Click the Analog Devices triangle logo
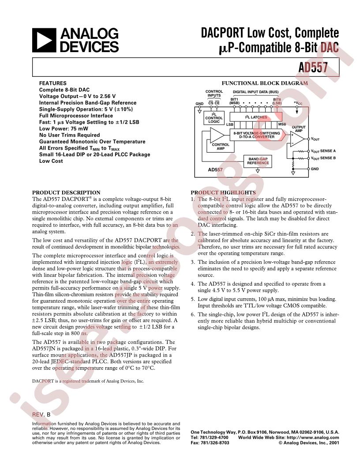tap(44, 40)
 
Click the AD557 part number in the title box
tap(313, 68)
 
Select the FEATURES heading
tap(53, 83)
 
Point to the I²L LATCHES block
tap(256, 117)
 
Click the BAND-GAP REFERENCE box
tap(258, 161)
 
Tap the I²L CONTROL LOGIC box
tap(214, 118)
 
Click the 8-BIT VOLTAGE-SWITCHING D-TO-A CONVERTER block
tap(257, 135)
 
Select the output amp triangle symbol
tap(297, 139)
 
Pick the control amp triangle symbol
tap(217, 135)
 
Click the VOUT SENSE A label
tap(323, 151)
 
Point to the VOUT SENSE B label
tap(323, 158)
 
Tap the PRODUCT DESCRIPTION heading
tap(66, 192)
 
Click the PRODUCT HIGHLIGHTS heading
tap(223, 192)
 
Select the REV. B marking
tap(41, 414)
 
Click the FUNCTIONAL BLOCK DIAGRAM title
tap(265, 83)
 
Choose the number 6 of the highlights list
tap(193, 315)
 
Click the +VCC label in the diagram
tap(298, 103)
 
